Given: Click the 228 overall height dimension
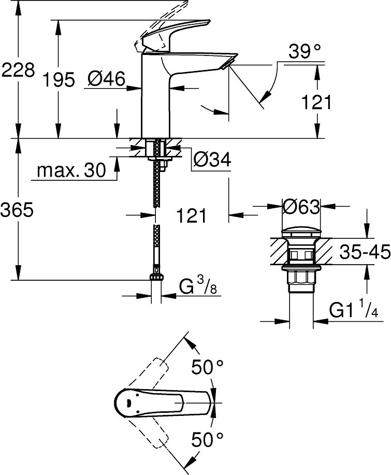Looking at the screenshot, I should pyautogui.click(x=18, y=69).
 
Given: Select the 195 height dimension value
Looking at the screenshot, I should pyautogui.click(x=59, y=80).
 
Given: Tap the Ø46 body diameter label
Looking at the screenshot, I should pyautogui.click(x=106, y=79).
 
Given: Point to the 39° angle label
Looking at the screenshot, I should pyautogui.click(x=305, y=51).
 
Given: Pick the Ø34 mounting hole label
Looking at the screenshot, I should pyautogui.click(x=211, y=160).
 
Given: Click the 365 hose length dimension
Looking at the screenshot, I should pyautogui.click(x=18, y=210).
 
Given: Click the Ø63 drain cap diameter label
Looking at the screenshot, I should pyautogui.click(x=301, y=207).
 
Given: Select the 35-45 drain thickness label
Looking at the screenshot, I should pyautogui.click(x=365, y=252).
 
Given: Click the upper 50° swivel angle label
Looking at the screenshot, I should pyautogui.click(x=207, y=368).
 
